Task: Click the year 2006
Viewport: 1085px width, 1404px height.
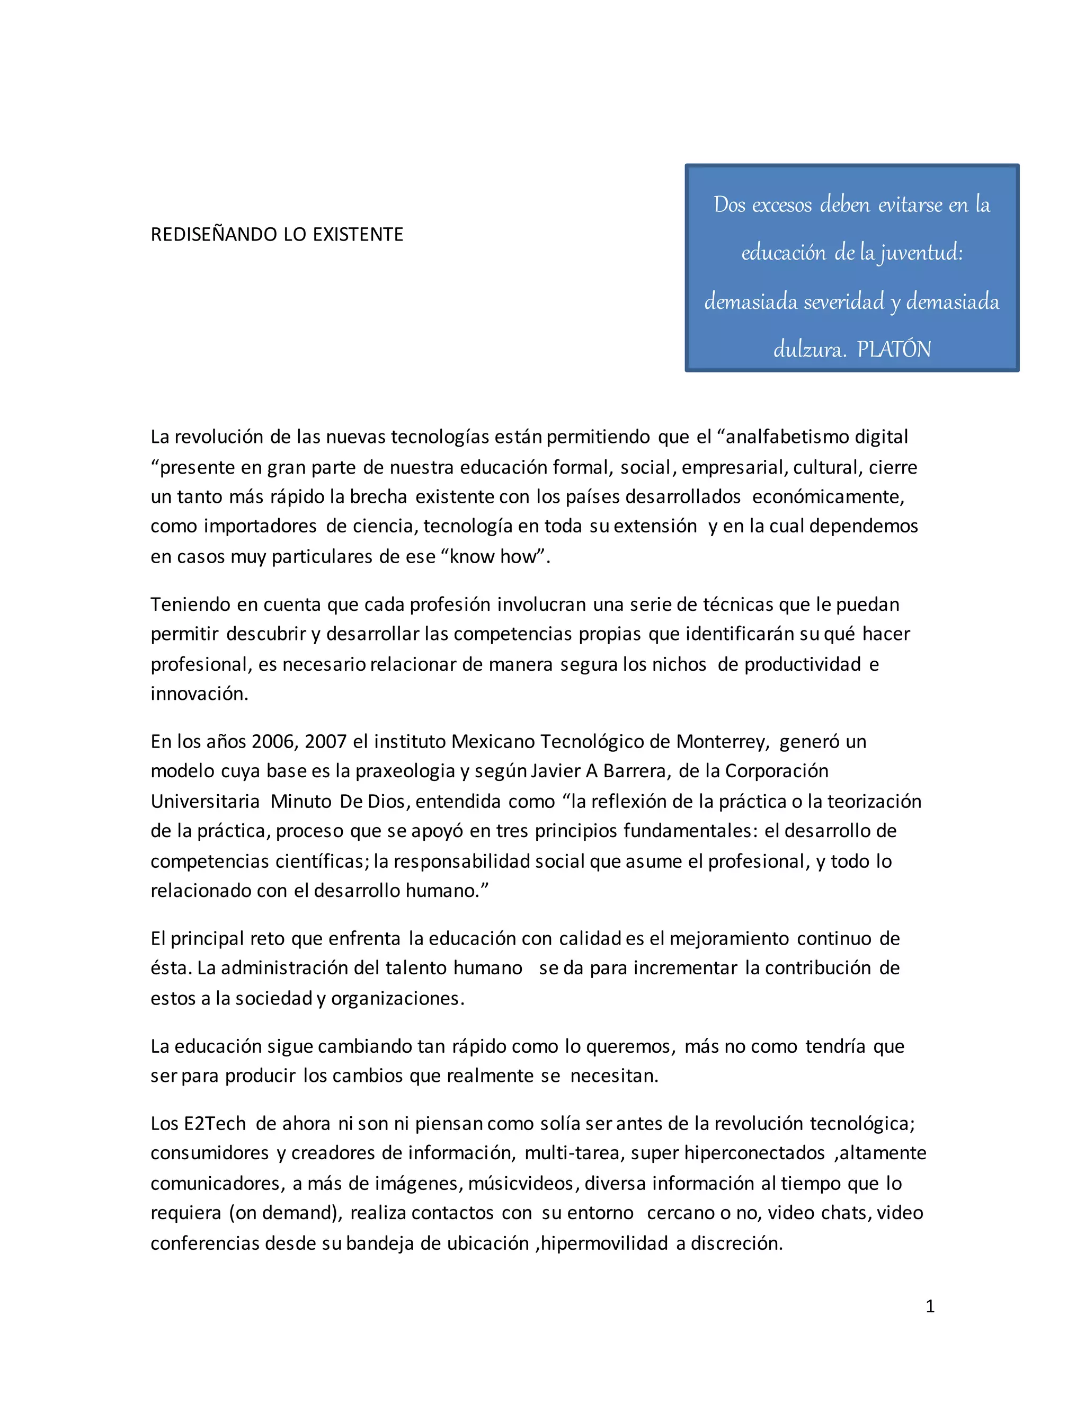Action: click(274, 742)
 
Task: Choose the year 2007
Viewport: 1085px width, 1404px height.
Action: click(326, 742)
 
